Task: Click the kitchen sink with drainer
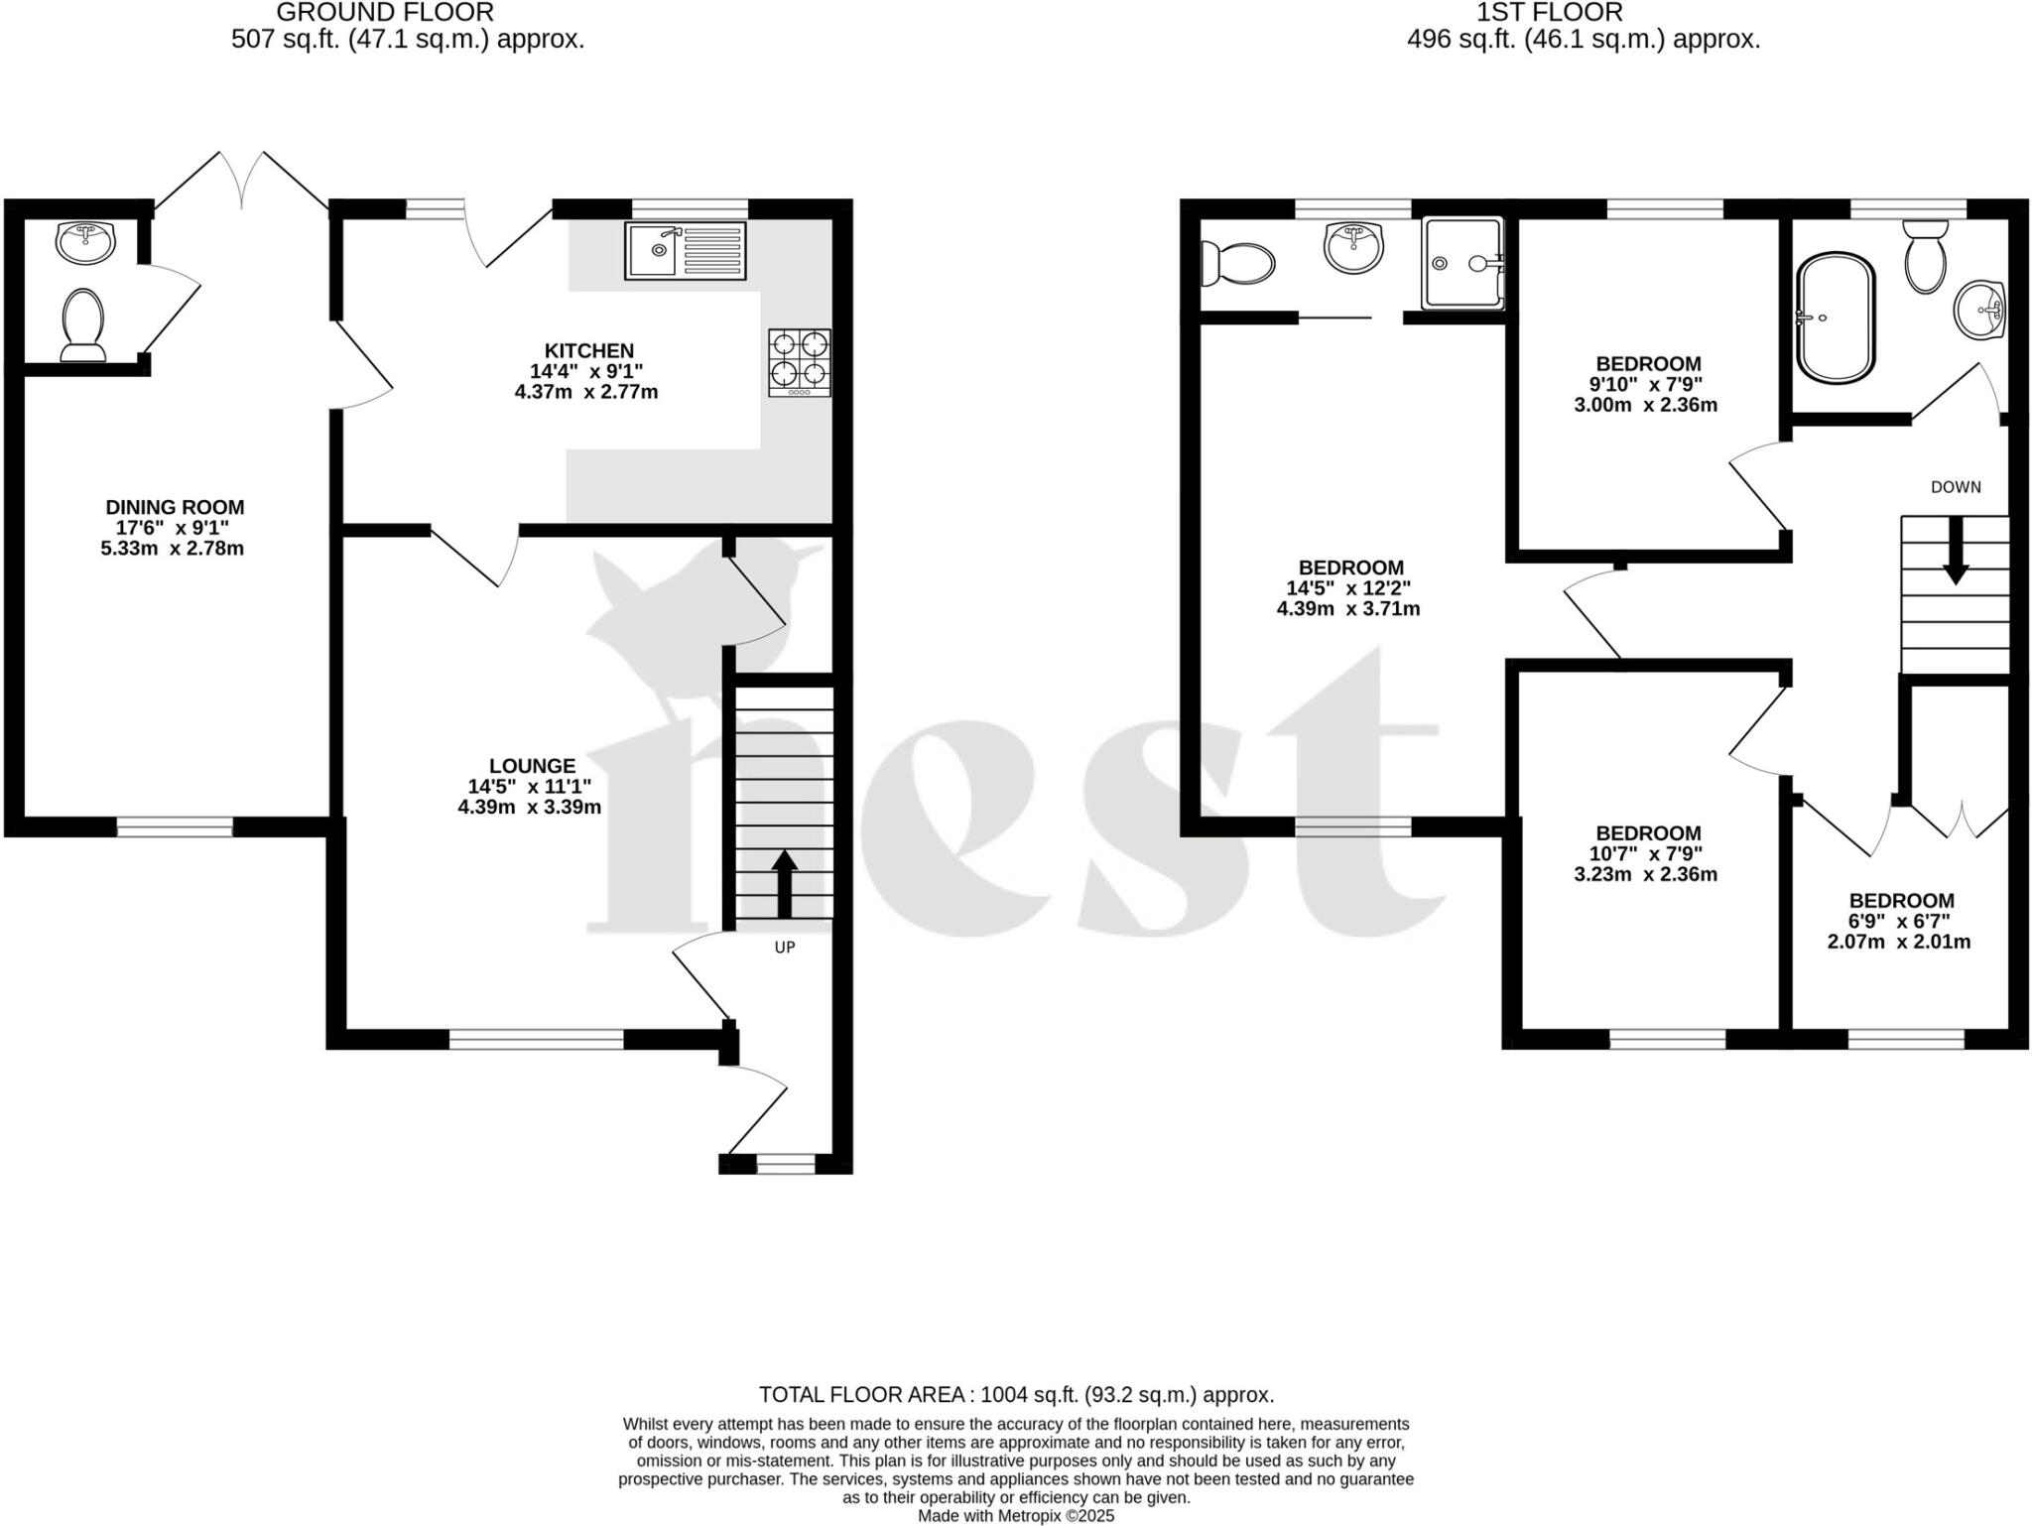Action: pyautogui.click(x=686, y=249)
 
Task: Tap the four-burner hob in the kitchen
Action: pyautogui.click(x=800, y=362)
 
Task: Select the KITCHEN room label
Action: pyautogui.click(x=588, y=350)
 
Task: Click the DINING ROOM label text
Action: pyautogui.click(x=175, y=507)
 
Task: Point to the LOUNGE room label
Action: pyautogui.click(x=532, y=765)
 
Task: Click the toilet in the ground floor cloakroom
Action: pyautogui.click(x=83, y=323)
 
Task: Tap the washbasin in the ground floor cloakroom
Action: pyautogui.click(x=85, y=242)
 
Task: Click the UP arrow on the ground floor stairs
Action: pyautogui.click(x=785, y=883)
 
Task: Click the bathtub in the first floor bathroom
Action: pyautogui.click(x=1837, y=318)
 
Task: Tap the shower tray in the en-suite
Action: pyautogui.click(x=1463, y=263)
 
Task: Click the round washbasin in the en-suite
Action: pyautogui.click(x=1353, y=246)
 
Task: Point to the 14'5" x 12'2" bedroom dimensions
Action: pyautogui.click(x=1348, y=588)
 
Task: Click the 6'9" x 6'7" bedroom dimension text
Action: pyautogui.click(x=1901, y=921)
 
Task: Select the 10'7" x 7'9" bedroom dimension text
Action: pyautogui.click(x=1648, y=853)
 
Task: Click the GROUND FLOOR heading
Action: pyautogui.click(x=385, y=13)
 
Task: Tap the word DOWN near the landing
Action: pyautogui.click(x=1956, y=487)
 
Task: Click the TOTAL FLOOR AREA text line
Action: pyautogui.click(x=1016, y=1394)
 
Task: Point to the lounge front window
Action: pyautogui.click(x=537, y=1039)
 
